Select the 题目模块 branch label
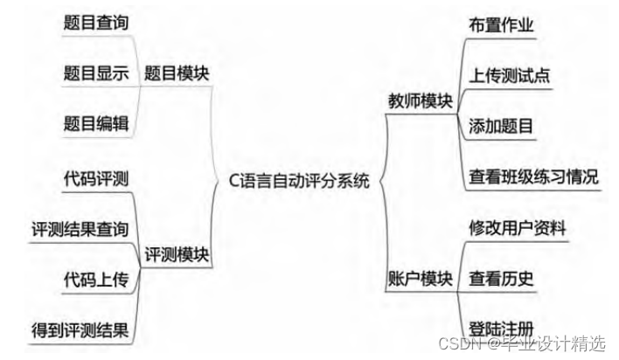tap(177, 74)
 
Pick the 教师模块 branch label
tap(420, 100)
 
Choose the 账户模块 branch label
tap(420, 279)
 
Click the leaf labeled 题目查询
tap(96, 24)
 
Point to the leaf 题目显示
tap(96, 74)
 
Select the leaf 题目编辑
tap(96, 123)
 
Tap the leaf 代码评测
tap(96, 179)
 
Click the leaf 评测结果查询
tap(80, 229)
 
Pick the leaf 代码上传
tap(96, 279)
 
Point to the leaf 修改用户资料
tap(517, 229)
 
